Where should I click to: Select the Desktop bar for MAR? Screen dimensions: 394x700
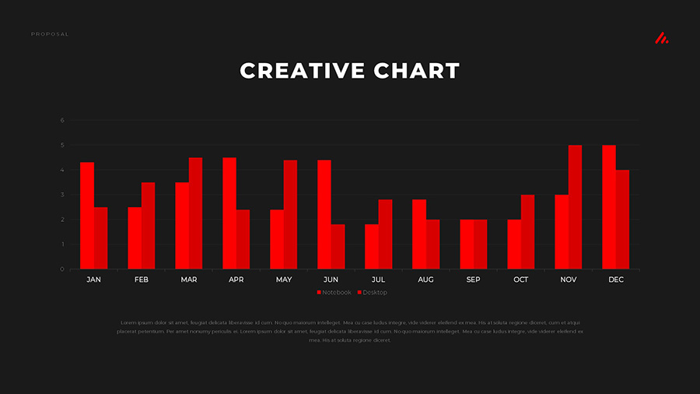click(195, 213)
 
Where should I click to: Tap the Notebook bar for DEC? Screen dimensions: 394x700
click(609, 207)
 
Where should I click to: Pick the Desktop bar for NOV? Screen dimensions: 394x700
click(575, 207)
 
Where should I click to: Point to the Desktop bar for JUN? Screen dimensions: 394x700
click(338, 247)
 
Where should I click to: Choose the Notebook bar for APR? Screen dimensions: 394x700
click(229, 213)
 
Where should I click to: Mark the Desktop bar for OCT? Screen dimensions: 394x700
click(527, 232)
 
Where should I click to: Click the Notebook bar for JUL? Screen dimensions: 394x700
click(372, 247)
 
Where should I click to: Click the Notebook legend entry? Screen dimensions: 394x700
click(334, 293)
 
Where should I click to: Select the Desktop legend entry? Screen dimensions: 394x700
click(373, 293)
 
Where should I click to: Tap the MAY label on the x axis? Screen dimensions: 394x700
click(284, 280)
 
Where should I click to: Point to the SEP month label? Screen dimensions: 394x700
click(474, 280)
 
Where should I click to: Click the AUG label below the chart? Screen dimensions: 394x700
click(426, 280)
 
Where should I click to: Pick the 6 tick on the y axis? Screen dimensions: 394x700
click(62, 121)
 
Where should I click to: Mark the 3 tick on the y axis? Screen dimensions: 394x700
click(62, 195)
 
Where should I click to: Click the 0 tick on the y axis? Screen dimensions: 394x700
click(62, 269)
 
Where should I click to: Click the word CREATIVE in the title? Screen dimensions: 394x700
click(303, 71)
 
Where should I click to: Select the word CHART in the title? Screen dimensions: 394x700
click(417, 71)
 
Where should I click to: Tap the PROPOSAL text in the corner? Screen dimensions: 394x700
click(50, 34)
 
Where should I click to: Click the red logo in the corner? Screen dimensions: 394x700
click(661, 37)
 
